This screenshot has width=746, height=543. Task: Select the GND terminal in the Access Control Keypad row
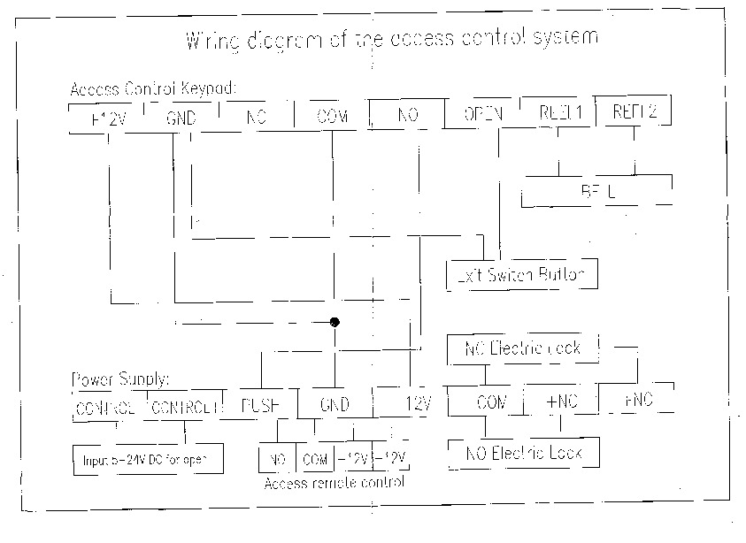181,118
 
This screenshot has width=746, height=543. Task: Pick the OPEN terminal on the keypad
483,114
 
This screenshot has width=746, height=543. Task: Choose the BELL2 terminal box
634,113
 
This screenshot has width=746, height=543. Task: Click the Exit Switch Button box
521,274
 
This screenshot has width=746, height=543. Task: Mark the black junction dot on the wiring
335,322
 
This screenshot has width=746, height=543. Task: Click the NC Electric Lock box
523,348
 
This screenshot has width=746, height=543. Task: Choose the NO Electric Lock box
524,454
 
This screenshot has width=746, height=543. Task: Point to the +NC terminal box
561,402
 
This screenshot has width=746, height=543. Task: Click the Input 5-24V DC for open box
147,460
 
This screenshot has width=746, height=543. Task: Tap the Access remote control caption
334,483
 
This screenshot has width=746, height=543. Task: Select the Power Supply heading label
119,380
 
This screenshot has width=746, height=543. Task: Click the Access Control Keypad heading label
153,90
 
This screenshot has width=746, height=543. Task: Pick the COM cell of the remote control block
314,459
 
